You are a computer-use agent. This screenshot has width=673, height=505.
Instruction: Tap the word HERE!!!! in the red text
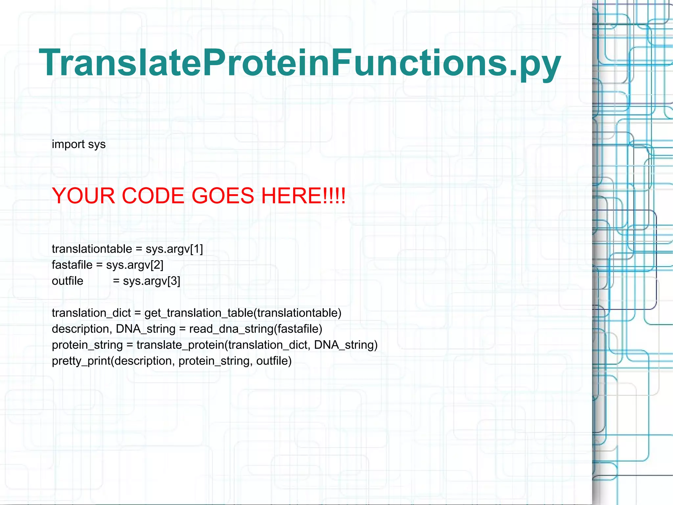click(x=303, y=196)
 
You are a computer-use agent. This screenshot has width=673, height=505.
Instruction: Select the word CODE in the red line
click(x=153, y=196)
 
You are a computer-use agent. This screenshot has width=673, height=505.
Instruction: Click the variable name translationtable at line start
click(x=92, y=249)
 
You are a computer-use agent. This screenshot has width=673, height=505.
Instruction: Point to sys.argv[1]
click(x=174, y=249)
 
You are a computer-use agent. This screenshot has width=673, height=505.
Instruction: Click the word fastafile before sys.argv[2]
click(x=72, y=265)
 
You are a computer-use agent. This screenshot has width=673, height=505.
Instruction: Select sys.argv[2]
click(x=134, y=265)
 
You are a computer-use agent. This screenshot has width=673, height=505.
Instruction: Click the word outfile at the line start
click(x=67, y=281)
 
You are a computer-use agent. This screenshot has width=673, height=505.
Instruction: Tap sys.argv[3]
click(x=151, y=281)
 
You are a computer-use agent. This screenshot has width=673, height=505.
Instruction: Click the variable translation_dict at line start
click(x=91, y=313)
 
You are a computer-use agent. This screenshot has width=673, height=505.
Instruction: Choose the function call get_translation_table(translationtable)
click(x=243, y=313)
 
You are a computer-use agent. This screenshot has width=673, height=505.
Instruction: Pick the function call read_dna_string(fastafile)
click(x=256, y=329)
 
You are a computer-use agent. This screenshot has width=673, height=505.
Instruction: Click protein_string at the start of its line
click(x=87, y=345)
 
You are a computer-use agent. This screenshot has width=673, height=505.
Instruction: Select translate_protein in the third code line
click(x=180, y=345)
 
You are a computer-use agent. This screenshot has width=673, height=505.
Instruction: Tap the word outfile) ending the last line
click(x=274, y=361)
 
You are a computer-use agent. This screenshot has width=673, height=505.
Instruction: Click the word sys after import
click(x=97, y=144)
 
